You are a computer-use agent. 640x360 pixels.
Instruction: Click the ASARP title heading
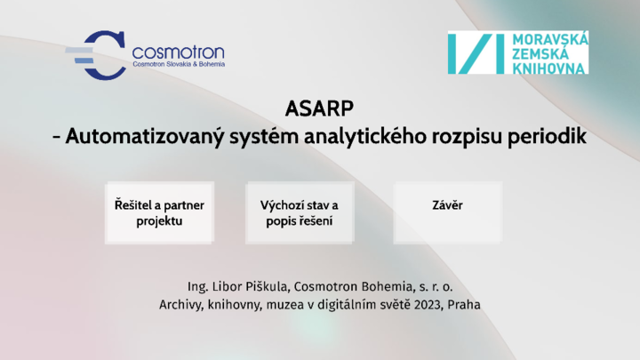click(x=319, y=108)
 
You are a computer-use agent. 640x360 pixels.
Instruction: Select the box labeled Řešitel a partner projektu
click(x=159, y=212)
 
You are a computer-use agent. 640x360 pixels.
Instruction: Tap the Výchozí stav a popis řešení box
click(x=300, y=212)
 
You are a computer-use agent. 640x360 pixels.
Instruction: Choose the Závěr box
click(x=448, y=212)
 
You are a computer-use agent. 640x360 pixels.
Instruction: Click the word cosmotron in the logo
click(x=179, y=52)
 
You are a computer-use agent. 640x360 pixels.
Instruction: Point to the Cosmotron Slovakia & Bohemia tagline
click(x=179, y=64)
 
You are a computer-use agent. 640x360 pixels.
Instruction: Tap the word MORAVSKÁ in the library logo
click(x=550, y=40)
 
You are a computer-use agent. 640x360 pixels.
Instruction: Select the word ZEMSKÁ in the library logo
click(x=540, y=53)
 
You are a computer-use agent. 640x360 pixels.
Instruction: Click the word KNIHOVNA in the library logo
click(x=548, y=68)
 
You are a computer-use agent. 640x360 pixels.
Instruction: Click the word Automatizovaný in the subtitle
click(x=145, y=136)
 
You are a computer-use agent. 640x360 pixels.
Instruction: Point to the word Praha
click(x=464, y=305)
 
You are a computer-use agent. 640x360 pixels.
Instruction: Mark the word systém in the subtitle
click(x=264, y=136)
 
